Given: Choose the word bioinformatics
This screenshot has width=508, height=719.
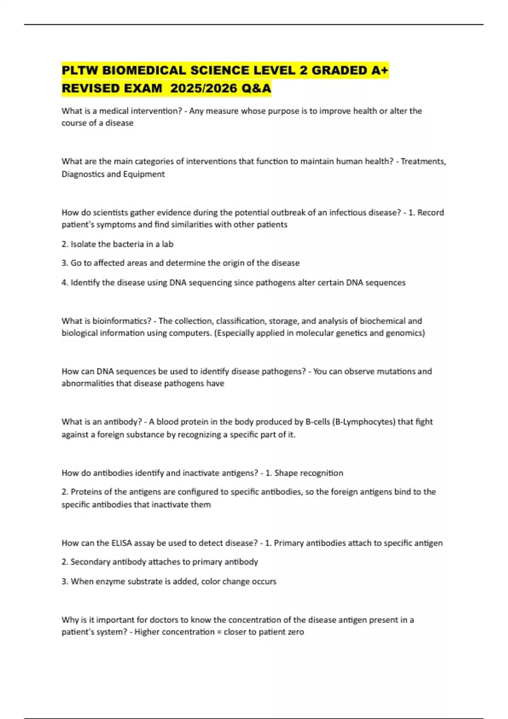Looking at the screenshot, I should [122, 321].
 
